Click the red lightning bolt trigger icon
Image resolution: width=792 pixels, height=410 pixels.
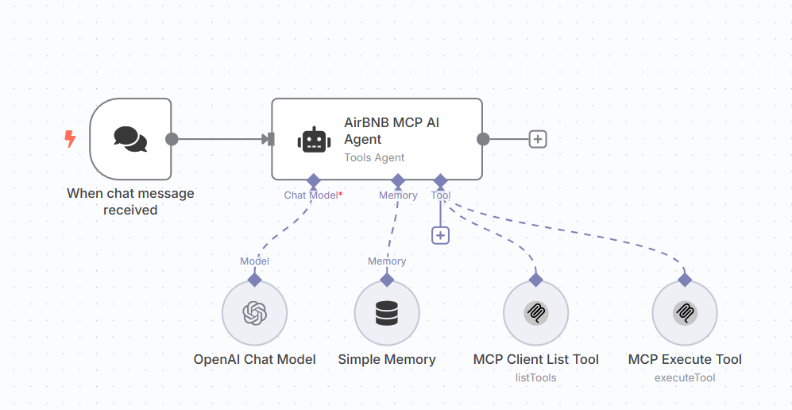pyautogui.click(x=70, y=140)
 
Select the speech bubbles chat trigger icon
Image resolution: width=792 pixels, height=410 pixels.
pyautogui.click(x=130, y=139)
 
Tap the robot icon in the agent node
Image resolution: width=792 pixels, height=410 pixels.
pyautogui.click(x=314, y=140)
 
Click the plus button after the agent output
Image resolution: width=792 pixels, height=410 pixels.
pyautogui.click(x=538, y=139)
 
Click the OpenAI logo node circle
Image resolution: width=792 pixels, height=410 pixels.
pyautogui.click(x=254, y=313)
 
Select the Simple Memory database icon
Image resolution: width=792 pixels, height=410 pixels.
pyautogui.click(x=387, y=313)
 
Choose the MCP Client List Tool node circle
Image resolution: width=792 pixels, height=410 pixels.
pyautogui.click(x=536, y=313)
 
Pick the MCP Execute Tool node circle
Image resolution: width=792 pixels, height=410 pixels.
pyautogui.click(x=684, y=313)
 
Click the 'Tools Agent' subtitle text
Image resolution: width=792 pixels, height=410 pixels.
pyautogui.click(x=374, y=157)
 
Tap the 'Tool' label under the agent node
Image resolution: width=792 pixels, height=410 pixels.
pyautogui.click(x=441, y=195)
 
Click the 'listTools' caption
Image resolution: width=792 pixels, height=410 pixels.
pyautogui.click(x=536, y=377)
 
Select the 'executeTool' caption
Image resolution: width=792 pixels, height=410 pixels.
pyautogui.click(x=685, y=377)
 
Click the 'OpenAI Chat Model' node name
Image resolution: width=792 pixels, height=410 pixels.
pyautogui.click(x=255, y=359)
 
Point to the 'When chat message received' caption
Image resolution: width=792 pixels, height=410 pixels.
pyautogui.click(x=130, y=202)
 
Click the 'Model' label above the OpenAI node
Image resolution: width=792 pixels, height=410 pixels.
pyautogui.click(x=254, y=261)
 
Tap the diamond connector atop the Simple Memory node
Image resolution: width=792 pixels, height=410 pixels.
pyautogui.click(x=387, y=280)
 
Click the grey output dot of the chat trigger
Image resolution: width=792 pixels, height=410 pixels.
pyautogui.click(x=172, y=139)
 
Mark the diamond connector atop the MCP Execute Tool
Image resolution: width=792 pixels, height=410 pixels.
pyautogui.click(x=684, y=280)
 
